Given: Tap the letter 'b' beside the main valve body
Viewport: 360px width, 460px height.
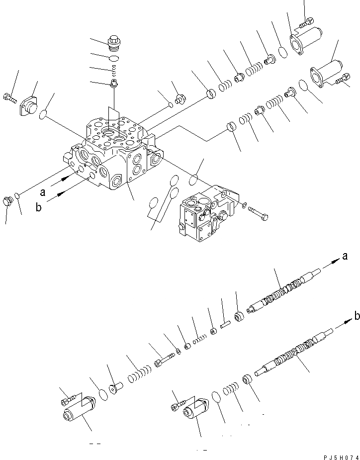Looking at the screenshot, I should click(38, 208).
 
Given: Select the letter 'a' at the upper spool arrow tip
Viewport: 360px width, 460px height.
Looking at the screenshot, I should click(344, 257).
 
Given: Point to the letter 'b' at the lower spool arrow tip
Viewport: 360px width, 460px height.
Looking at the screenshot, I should click(357, 315).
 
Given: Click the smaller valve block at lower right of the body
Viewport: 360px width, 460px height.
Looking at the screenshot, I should click(204, 214).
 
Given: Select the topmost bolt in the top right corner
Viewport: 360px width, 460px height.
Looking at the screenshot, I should click(306, 21).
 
